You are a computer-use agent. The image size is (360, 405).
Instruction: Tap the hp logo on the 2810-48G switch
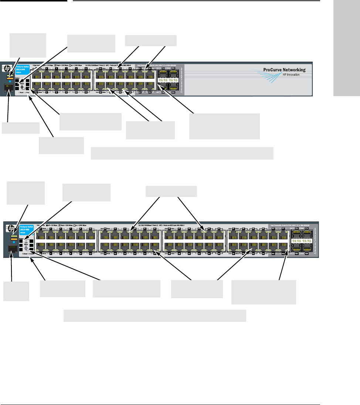9,229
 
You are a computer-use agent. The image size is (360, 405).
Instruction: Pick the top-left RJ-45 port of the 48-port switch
41,235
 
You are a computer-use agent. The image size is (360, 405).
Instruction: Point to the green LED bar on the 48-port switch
14,236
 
